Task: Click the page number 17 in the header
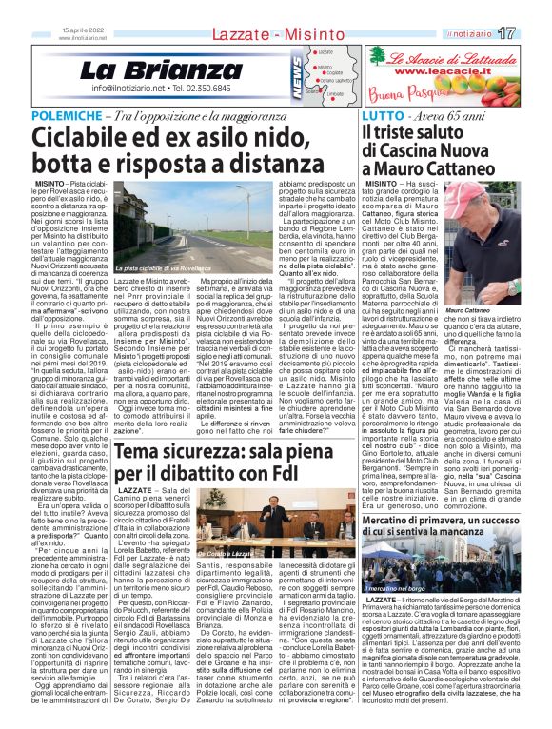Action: pos(532,33)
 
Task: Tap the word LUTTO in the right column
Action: pos(382,115)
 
